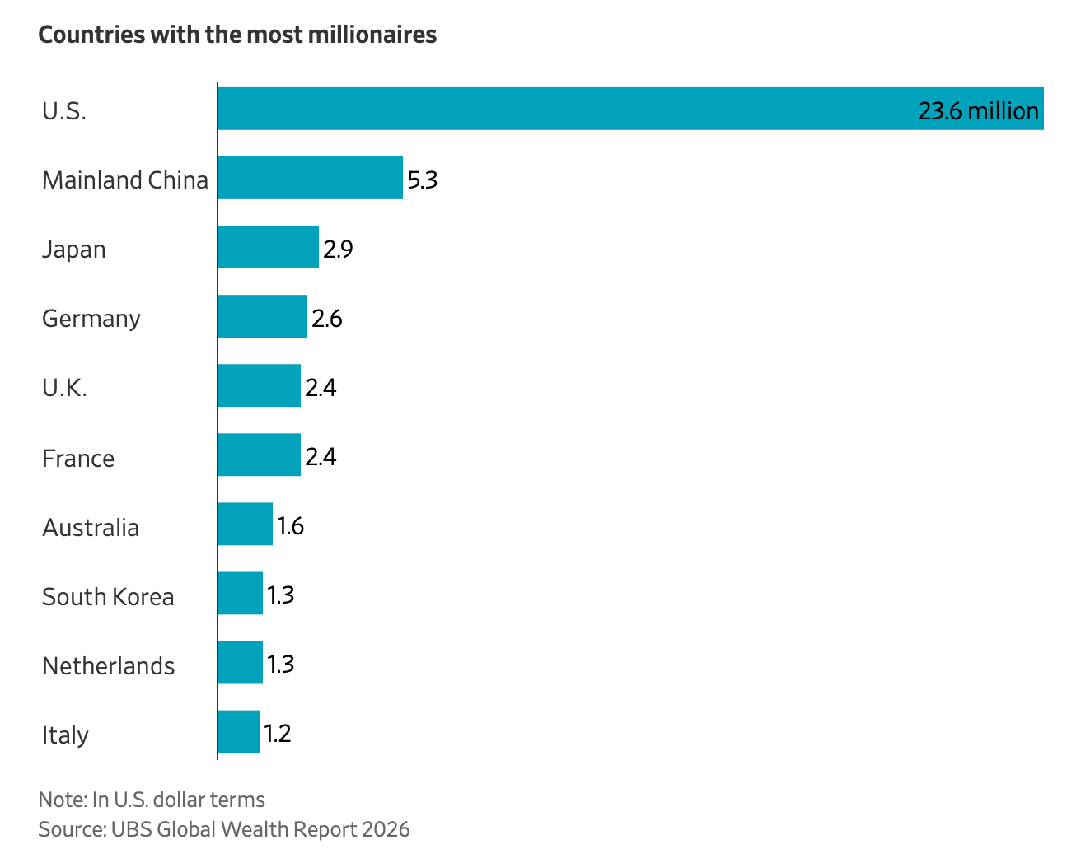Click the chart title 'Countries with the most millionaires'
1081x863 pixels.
(237, 35)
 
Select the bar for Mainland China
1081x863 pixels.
(311, 178)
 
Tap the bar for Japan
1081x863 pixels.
(269, 247)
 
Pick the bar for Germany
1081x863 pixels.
(263, 316)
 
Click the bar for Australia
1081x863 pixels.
(246, 524)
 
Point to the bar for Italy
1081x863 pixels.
(239, 731)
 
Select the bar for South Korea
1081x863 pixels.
(241, 593)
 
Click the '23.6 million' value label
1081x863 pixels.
(978, 111)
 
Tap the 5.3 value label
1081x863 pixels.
(423, 180)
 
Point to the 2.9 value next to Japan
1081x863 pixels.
(338, 250)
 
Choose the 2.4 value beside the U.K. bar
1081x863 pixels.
(321, 388)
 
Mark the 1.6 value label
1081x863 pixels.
(290, 526)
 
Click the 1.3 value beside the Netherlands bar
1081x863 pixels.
(280, 665)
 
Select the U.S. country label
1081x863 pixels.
(64, 111)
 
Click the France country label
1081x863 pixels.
(78, 459)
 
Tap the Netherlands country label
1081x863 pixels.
(109, 666)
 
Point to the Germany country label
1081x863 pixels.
(91, 320)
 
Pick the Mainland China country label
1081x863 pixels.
(125, 180)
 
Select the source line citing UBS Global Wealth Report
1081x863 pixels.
(224, 829)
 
